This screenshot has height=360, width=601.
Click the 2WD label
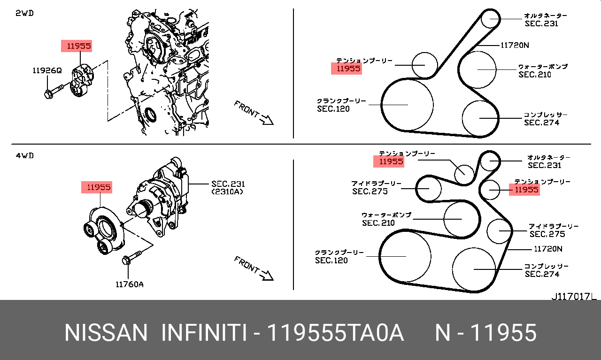point(24,13)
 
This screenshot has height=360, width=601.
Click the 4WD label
point(25,155)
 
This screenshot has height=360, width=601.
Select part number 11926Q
point(47,70)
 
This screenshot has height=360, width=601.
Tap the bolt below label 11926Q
point(54,92)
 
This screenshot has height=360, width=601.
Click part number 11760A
point(130,284)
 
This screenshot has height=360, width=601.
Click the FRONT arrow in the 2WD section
point(254,113)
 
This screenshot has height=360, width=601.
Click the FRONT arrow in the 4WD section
point(254,268)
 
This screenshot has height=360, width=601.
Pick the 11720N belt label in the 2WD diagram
point(515,45)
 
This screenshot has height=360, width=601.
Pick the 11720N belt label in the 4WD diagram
point(548,249)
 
